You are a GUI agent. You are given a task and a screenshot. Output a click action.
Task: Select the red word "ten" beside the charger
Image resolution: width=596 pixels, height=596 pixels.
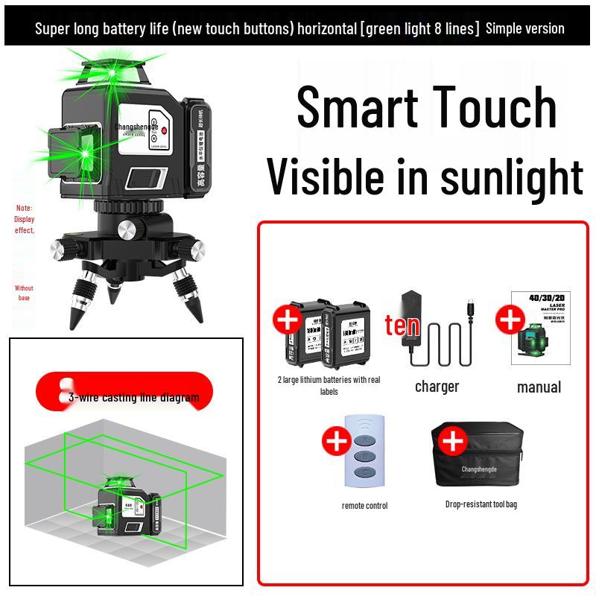coord(402,326)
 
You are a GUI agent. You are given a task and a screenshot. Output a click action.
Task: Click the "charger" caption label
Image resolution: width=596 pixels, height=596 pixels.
coord(437,387)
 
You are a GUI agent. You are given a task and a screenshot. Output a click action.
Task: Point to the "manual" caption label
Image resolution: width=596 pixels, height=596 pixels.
coord(539,387)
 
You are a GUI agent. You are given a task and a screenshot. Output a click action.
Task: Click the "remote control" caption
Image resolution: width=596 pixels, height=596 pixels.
coord(364,506)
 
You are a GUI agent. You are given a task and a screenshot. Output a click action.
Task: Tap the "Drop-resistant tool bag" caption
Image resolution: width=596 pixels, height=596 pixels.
coord(481,504)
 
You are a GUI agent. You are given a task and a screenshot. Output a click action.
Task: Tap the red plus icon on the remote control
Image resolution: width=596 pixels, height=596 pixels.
coord(337,441)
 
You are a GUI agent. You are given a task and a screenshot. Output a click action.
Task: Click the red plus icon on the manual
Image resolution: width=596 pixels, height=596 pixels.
coord(510,320)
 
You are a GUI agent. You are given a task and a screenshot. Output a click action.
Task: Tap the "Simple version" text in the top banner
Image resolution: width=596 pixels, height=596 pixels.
coord(524,28)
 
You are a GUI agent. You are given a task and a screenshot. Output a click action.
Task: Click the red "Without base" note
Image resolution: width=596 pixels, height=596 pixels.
coord(24,293)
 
